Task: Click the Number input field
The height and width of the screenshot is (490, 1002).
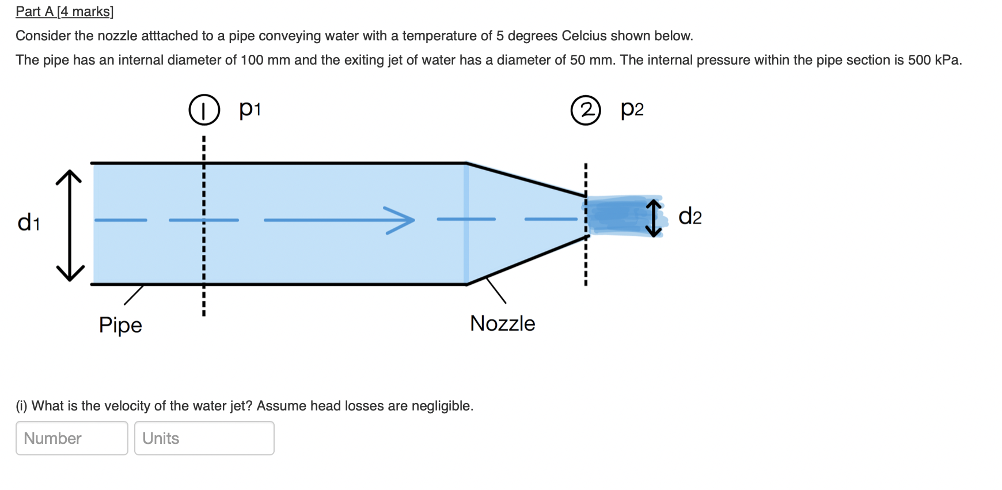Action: pos(71,438)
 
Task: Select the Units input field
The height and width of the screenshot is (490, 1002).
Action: pos(204,438)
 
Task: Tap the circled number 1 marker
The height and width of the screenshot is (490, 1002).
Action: pos(204,110)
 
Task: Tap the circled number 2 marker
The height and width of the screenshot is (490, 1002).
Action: pos(586,110)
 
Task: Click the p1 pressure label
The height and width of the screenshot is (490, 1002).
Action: pos(250,108)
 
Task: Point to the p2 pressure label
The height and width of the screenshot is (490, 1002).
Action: pos(632,108)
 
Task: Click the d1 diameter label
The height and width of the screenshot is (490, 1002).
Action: pos(29,222)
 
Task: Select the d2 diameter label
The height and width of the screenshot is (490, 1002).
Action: pos(690,217)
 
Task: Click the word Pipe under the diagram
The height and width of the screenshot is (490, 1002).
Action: pos(120,325)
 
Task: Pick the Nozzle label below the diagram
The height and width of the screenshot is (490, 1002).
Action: pos(502,323)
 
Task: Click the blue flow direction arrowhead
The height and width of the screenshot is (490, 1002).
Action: pos(402,220)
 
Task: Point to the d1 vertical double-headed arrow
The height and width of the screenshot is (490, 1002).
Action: pos(70,225)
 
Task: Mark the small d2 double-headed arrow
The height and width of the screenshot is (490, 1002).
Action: pos(654,218)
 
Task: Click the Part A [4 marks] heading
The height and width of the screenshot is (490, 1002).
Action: pos(64,12)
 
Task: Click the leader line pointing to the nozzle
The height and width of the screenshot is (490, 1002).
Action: pos(496,290)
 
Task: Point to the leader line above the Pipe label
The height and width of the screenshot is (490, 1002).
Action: pos(134,295)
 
